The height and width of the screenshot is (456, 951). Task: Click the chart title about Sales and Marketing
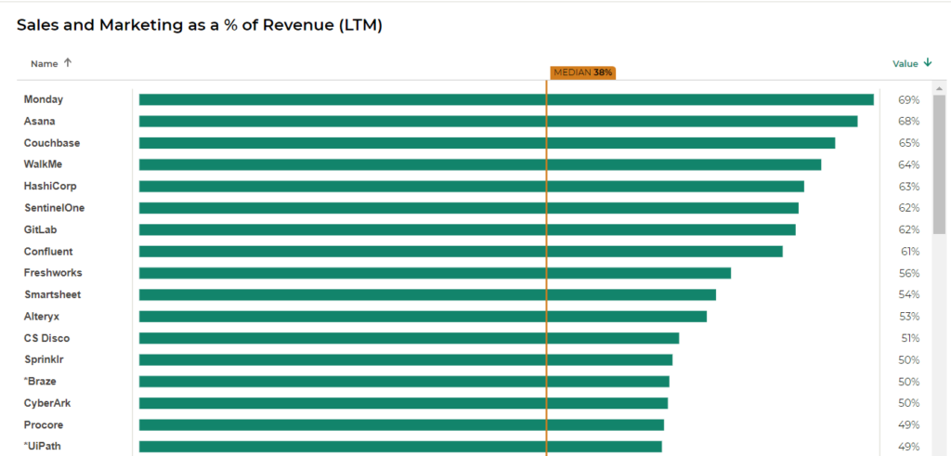coord(200,25)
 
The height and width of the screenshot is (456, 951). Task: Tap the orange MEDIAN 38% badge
coord(582,72)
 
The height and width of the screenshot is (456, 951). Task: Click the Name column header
coord(44,64)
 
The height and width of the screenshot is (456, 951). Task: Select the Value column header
coord(905,64)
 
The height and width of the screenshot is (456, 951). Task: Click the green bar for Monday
coord(506,99)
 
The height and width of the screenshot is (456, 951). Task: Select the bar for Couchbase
coord(487,143)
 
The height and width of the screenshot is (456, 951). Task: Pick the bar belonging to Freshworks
coord(435,273)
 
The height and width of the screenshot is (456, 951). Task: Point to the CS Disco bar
coord(409,338)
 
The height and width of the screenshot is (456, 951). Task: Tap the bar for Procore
coord(401,424)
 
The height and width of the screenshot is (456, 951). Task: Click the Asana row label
coord(39,122)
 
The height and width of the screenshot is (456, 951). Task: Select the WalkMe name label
coord(43,164)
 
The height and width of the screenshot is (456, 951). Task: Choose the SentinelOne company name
coord(54,208)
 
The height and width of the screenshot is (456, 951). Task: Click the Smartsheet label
coord(52,294)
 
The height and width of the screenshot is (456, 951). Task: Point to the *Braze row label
coord(41,382)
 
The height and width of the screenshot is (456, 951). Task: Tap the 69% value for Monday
coord(908,99)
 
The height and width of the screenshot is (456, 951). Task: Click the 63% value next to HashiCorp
coord(908,187)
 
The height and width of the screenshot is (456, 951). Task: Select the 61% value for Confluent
coord(908,252)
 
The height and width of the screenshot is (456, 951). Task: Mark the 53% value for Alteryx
coord(908,317)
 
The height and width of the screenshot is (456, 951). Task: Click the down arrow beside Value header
coord(928,63)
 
